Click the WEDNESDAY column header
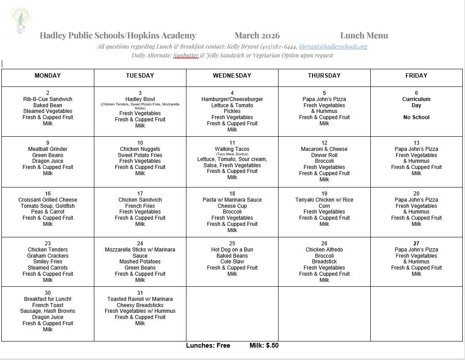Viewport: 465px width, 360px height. point(232,76)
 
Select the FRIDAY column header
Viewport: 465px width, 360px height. point(416,76)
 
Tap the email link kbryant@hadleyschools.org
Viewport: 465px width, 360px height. point(333,46)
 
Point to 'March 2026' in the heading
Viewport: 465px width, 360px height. point(257,36)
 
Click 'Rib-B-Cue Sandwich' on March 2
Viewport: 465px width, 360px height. point(48,99)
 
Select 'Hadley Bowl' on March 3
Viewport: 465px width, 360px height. point(140,99)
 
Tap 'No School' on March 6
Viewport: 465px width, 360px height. point(416,117)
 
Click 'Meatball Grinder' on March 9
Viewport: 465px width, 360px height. point(48,149)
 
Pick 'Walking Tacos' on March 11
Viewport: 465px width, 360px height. point(232,149)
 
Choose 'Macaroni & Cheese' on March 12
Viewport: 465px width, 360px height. point(324,149)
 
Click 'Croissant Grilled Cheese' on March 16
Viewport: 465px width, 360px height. point(48,200)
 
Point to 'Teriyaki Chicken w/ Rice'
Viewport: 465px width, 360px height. point(324,200)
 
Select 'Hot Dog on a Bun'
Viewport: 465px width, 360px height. point(232,250)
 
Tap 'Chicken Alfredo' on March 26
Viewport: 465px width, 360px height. point(324,250)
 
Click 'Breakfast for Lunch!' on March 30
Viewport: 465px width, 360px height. point(48,299)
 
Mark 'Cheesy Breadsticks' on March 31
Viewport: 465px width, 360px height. point(140,305)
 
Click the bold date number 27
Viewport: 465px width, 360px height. point(416,244)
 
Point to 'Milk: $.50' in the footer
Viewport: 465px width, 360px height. point(264,345)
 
